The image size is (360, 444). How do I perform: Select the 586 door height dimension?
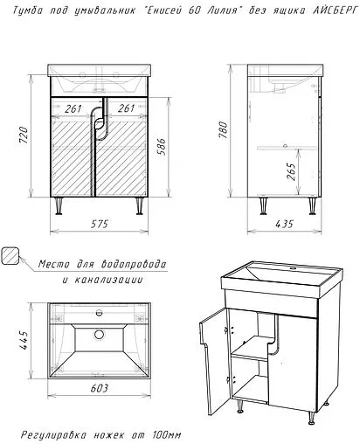click(162, 147)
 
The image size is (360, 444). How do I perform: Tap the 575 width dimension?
click(100, 224)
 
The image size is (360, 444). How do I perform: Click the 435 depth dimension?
click(284, 224)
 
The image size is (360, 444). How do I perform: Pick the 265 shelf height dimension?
click(291, 171)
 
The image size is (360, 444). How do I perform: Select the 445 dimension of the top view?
click(24, 340)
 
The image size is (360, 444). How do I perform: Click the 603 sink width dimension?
click(100, 388)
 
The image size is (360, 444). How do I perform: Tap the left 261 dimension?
click(73, 109)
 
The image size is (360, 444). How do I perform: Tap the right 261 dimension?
click(126, 108)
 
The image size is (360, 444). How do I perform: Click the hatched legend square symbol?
click(10, 256)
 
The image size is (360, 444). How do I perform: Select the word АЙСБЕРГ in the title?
click(335, 10)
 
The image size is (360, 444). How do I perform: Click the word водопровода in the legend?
click(134, 265)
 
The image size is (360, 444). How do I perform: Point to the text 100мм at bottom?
click(167, 435)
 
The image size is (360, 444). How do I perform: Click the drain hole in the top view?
click(99, 334)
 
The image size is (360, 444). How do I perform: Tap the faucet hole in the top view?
click(100, 313)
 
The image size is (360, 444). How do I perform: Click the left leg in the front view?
click(59, 206)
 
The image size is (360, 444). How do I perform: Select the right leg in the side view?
click(312, 206)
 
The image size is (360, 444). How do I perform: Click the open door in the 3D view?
click(214, 361)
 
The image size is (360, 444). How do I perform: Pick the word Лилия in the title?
click(221, 10)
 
